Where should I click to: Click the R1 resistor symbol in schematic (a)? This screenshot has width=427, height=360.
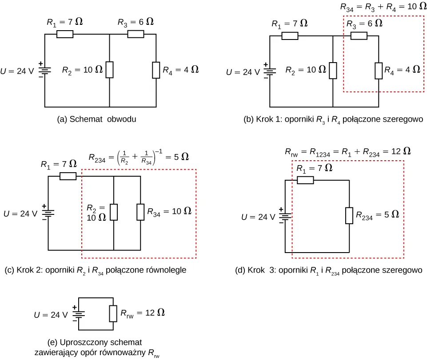coord(65,34)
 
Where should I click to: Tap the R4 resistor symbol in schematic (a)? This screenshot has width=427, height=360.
coord(156,70)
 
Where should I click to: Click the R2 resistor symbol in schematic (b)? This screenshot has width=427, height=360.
coord(333,70)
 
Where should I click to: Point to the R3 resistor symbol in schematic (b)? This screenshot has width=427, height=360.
coord(359,36)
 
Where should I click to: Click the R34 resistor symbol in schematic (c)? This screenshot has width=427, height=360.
coord(140,212)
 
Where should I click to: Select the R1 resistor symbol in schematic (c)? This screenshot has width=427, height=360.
coord(68,176)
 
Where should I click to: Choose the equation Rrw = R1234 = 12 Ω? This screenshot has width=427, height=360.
coord(347,151)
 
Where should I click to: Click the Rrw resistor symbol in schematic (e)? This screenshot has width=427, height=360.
coord(113,313)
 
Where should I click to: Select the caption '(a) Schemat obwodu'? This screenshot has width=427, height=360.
coord(96,119)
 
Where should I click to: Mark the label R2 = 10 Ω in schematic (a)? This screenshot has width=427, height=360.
coord(83,70)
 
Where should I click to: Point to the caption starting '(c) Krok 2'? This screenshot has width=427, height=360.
coord(95,270)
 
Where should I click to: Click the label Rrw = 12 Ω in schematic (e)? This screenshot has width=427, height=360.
coord(143,313)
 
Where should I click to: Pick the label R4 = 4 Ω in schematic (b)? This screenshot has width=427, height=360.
coord(402,70)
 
